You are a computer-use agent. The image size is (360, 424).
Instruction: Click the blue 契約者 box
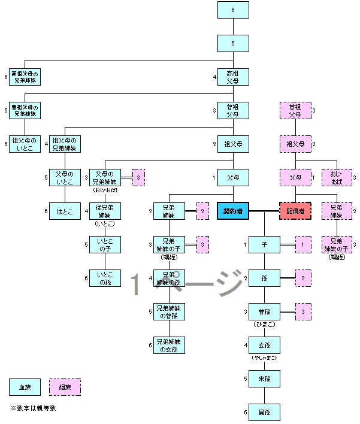tap(232, 211)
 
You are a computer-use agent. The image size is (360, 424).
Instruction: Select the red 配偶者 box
tap(295, 211)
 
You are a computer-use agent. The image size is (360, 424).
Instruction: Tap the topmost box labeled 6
tap(232, 10)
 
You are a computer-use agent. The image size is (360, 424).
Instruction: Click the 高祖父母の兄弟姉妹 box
tap(25, 77)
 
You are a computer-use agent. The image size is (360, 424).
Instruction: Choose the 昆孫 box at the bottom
tap(264, 412)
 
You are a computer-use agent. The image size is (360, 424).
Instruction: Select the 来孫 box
tap(264, 378)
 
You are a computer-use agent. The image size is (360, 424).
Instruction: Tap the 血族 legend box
tap(25, 387)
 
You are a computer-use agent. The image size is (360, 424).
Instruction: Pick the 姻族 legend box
tap(65, 387)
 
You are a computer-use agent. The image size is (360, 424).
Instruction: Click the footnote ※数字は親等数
tap(34, 408)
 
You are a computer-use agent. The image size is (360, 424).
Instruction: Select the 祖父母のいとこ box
tap(25, 144)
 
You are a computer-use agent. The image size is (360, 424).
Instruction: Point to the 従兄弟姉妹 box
tap(105, 211)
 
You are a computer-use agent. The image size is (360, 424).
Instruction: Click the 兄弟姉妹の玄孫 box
tap(169, 345)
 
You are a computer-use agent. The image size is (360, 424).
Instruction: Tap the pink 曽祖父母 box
tap(295, 110)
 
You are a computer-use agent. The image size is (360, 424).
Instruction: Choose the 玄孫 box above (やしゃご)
tap(264, 345)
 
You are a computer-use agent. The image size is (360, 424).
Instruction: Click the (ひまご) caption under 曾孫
tap(264, 324)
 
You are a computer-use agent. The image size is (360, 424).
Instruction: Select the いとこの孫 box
tap(105, 278)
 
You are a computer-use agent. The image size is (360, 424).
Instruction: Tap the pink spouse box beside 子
tap(303, 244)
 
